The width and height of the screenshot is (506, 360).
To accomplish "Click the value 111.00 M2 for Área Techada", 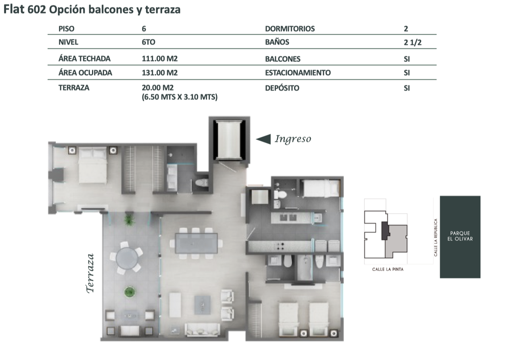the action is pos(159,59).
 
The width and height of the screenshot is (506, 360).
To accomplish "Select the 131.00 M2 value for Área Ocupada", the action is pos(159,73).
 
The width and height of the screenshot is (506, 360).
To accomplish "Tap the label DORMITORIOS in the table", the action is pos(290,29).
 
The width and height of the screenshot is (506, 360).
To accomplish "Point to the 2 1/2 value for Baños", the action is pos(412,42).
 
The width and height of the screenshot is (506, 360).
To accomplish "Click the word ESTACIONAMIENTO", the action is pos(298,73).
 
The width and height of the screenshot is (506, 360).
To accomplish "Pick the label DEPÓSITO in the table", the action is pos(282,88).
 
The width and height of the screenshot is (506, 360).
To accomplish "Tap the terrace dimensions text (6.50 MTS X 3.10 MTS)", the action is pos(180,97).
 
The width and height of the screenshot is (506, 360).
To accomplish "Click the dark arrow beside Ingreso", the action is pos(263,139).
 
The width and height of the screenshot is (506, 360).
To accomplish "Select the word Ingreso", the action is pos(293,139).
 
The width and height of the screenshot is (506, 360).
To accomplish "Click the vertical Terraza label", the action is pos(90,274).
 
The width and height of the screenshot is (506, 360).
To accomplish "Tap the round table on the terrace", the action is pos(127,258).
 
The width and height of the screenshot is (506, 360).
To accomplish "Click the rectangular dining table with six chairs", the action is pos(196,243).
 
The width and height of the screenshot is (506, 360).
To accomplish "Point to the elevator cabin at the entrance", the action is pos(229,140).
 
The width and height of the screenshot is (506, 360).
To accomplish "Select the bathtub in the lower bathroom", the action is pos(305,268).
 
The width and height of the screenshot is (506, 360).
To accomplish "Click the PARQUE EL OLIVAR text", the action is pos(460,236).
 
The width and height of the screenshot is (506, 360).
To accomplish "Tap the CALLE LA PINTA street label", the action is pos(388,269).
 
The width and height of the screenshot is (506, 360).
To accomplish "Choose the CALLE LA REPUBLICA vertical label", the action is pos(435,238).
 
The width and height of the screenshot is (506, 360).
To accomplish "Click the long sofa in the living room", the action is pos(203,330).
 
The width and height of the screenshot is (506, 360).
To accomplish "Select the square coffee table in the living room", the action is pos(203,305).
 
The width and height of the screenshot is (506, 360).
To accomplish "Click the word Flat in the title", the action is pos(14,10).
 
